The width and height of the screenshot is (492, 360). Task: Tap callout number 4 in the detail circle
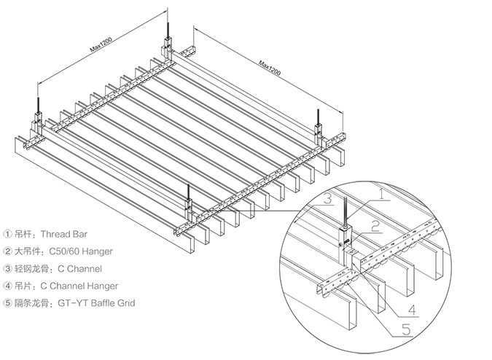click(x=412, y=310)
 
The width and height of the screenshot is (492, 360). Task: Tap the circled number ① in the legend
click(x=8, y=235)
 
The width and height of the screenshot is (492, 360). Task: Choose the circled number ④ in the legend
click(x=8, y=286)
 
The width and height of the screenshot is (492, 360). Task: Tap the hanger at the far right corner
click(x=318, y=130)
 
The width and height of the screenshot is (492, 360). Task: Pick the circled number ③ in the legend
click(x=8, y=268)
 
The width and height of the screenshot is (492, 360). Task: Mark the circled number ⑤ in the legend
click(x=8, y=302)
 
